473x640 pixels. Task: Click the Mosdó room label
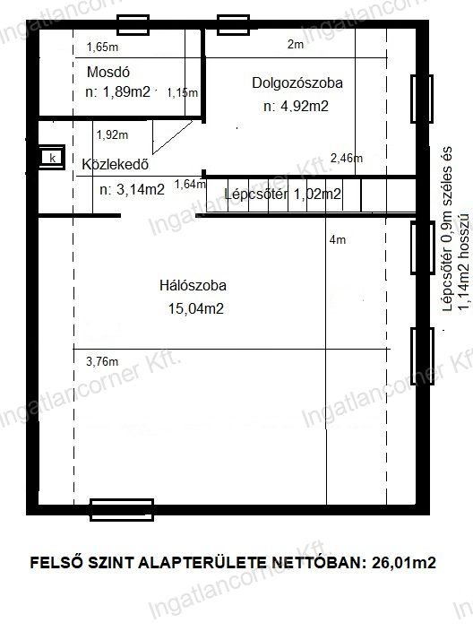click(x=108, y=73)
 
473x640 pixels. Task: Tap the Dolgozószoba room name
click(x=297, y=82)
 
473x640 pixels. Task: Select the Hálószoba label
click(x=193, y=285)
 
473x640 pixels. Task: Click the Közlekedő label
click(x=115, y=164)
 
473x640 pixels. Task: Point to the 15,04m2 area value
click(x=196, y=308)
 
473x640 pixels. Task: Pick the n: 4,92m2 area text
click(x=296, y=106)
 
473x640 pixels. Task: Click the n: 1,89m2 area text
click(x=118, y=91)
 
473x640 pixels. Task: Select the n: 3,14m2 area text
click(x=132, y=189)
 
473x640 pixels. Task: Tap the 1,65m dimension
click(x=102, y=48)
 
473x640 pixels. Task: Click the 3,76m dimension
click(x=102, y=361)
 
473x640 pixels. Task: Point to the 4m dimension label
click(x=338, y=240)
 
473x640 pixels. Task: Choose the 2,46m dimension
click(x=347, y=158)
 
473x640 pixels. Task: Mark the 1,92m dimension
click(x=112, y=134)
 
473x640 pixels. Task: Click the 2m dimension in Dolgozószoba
click(x=296, y=44)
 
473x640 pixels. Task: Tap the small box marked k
click(x=52, y=157)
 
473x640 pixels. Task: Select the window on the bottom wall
click(x=122, y=510)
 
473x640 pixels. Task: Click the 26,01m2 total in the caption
click(x=404, y=563)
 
